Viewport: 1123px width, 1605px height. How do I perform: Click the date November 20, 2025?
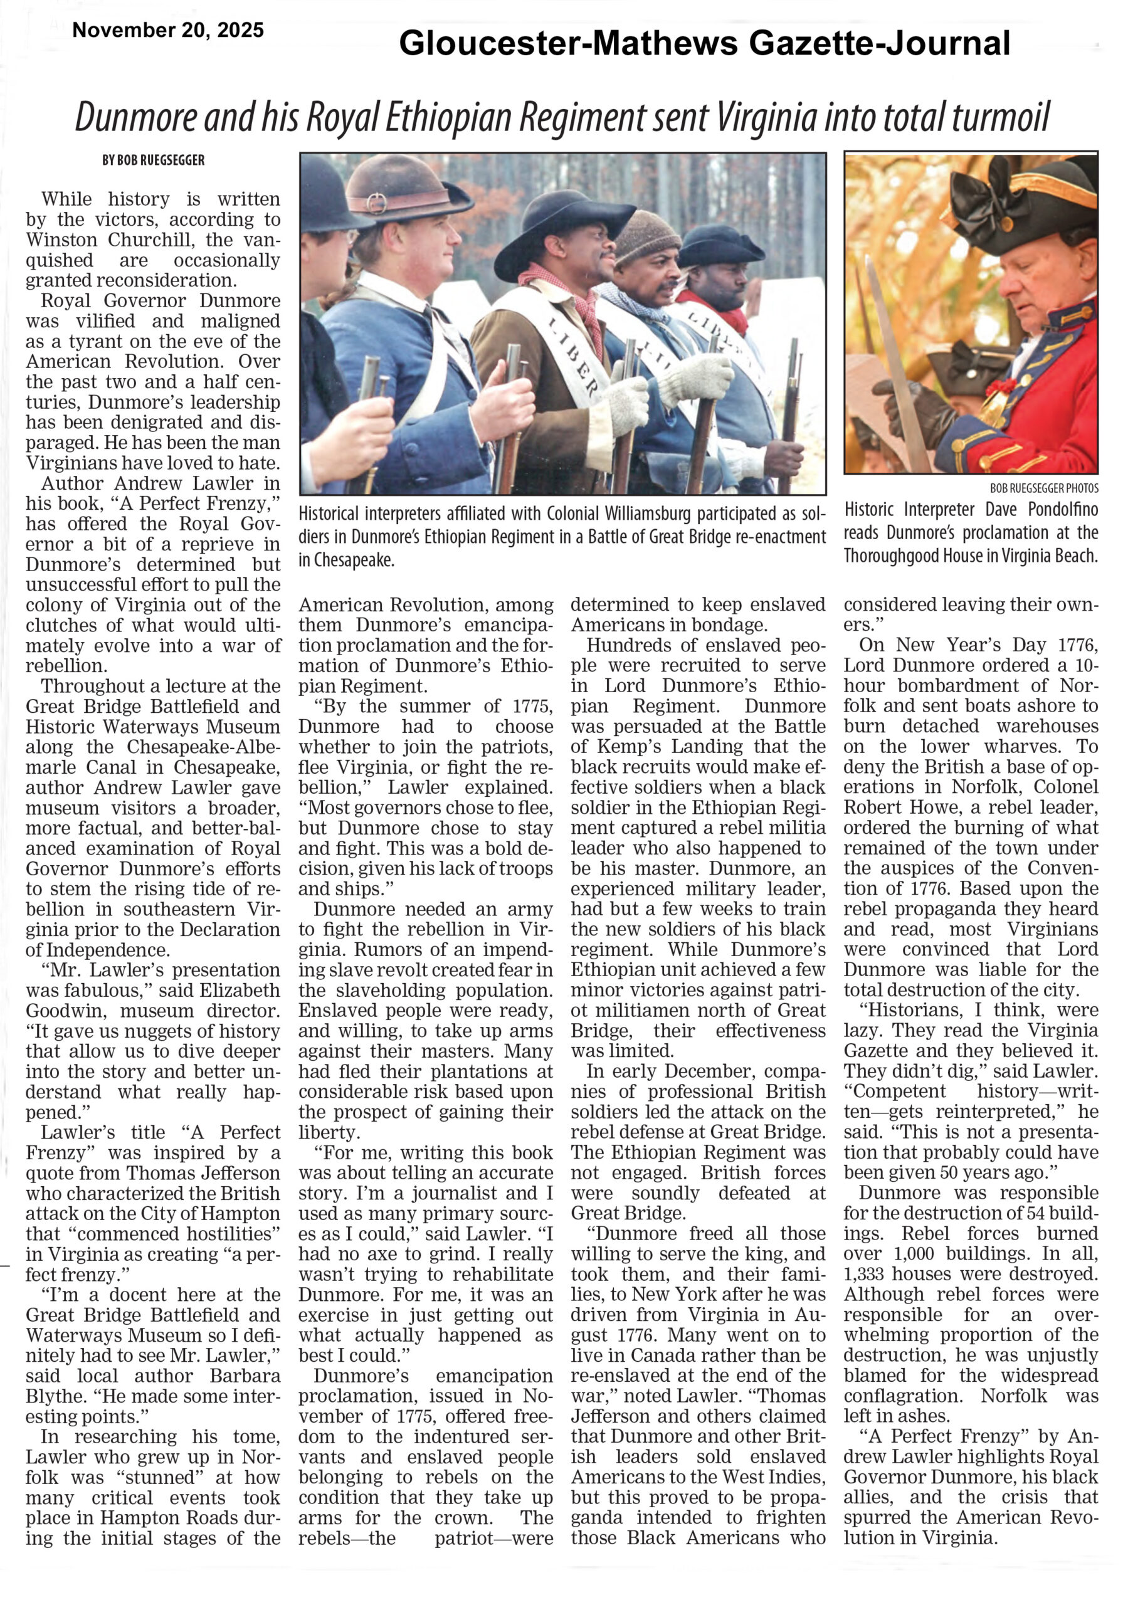click(x=168, y=30)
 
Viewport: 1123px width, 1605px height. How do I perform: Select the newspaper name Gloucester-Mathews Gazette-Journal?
click(x=704, y=43)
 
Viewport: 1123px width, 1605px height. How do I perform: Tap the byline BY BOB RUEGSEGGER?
click(x=153, y=160)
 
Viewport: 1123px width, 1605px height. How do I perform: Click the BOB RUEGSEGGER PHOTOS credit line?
click(x=1043, y=488)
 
